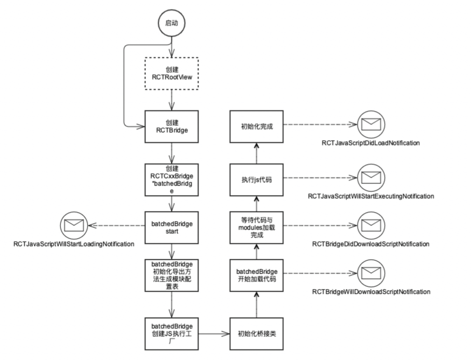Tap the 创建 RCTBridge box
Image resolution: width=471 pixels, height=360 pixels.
(171, 126)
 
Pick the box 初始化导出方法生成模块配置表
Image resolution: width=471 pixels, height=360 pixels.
(171, 276)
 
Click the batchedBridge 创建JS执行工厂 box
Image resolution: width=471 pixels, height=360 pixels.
(171, 334)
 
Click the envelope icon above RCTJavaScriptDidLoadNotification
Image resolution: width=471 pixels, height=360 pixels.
(370, 125)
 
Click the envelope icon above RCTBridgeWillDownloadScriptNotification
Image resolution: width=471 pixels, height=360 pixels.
(370, 274)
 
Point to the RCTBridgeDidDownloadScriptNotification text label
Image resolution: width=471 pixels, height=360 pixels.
(370, 243)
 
